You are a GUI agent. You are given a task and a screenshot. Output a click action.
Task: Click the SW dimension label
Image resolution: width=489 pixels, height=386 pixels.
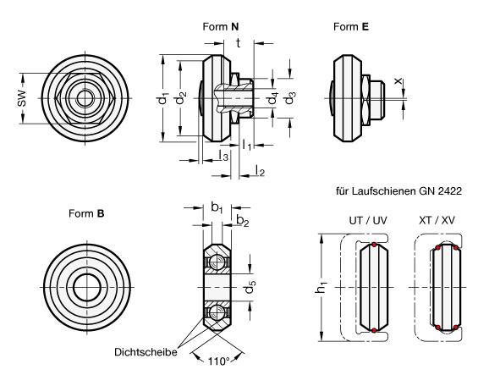point(21,98)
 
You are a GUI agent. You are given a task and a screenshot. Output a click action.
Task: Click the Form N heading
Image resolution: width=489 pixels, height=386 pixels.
point(221,26)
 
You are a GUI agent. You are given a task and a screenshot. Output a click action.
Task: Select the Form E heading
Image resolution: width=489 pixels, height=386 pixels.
point(351,26)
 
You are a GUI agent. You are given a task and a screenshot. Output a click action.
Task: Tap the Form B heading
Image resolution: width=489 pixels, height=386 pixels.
point(86,213)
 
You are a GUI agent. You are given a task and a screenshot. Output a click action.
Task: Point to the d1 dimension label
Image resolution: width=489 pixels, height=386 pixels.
point(162,98)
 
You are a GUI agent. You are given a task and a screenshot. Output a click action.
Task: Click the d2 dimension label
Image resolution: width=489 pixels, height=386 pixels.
point(180,98)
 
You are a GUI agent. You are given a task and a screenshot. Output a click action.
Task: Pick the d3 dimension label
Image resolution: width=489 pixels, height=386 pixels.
point(289,98)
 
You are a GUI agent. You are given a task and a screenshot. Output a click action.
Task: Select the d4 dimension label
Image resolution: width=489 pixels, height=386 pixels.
point(272,98)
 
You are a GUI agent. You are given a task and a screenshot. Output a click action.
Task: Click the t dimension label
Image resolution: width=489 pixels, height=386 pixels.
point(239,43)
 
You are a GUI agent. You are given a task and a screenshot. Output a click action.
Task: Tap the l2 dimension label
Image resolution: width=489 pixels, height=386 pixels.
point(260,170)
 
